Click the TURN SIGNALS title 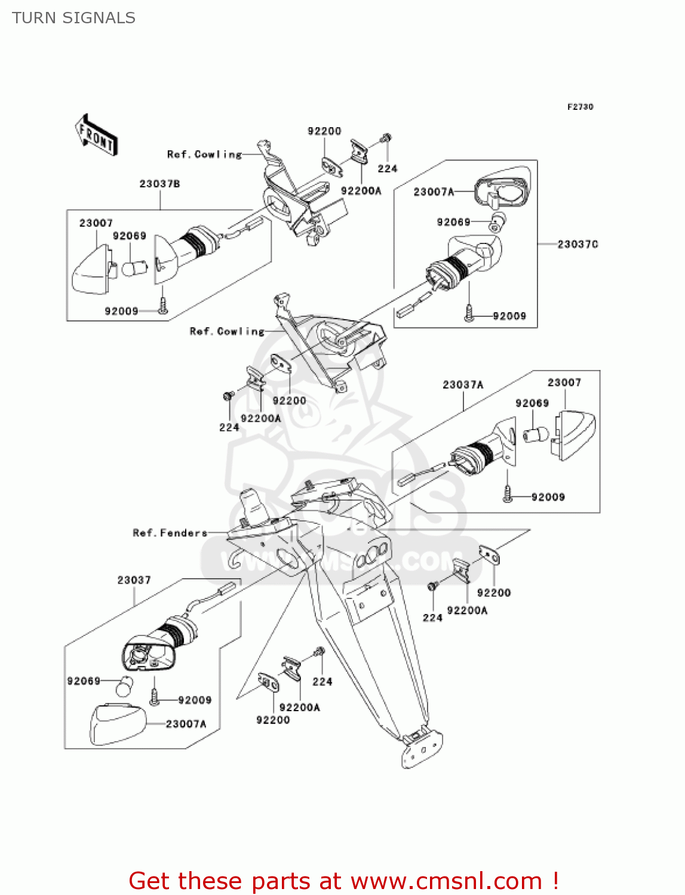click(73, 18)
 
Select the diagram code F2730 click(580, 107)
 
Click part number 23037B click(159, 184)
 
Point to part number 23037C click(578, 244)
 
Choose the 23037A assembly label click(463, 385)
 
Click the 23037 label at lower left click(134, 580)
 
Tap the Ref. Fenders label click(170, 533)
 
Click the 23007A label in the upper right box click(434, 192)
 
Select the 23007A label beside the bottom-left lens click(186, 724)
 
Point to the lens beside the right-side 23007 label click(574, 434)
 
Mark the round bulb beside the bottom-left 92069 click(124, 686)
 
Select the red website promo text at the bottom click(343, 881)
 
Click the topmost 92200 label click(324, 131)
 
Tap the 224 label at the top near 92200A click(387, 169)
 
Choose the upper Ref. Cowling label click(204, 155)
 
